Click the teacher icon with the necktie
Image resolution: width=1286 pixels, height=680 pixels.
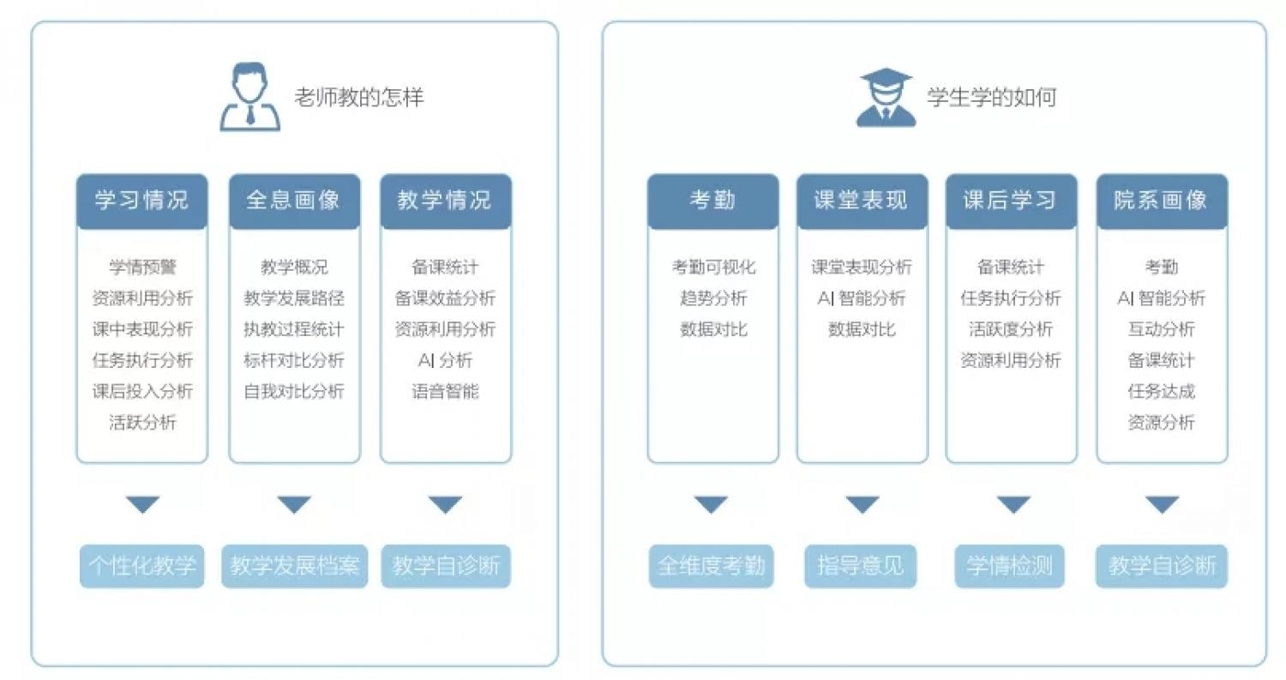coord(249,97)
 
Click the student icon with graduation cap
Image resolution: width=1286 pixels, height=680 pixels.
coord(886,97)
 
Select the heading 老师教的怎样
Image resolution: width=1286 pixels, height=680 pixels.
coord(359,97)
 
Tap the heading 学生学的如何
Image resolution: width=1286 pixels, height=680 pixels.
coord(992,97)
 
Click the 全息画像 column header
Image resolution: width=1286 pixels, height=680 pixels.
coord(295,201)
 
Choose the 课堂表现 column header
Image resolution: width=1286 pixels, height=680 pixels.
coord(862,201)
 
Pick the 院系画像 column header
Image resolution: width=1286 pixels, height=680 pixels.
coord(1162,201)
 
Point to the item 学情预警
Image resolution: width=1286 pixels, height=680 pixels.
coord(142,267)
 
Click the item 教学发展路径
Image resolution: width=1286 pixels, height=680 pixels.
coord(294,298)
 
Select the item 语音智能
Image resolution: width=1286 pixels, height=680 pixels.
coord(446,391)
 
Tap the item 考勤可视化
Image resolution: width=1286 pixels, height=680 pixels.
coord(713,267)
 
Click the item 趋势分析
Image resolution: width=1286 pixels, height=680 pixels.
coord(713,298)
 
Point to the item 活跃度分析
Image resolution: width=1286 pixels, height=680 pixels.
coord(1011,329)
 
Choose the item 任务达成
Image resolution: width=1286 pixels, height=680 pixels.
coord(1162,391)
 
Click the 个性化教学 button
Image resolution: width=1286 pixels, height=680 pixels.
coord(141,566)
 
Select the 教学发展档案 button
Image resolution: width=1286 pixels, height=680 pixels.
coord(295,566)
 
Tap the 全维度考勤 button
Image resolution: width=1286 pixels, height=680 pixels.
coord(712,566)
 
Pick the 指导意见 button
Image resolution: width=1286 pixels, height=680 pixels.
coord(861,566)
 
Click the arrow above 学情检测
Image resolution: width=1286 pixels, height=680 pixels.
coord(1013,504)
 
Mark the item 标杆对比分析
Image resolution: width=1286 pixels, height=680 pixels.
coord(294,360)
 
